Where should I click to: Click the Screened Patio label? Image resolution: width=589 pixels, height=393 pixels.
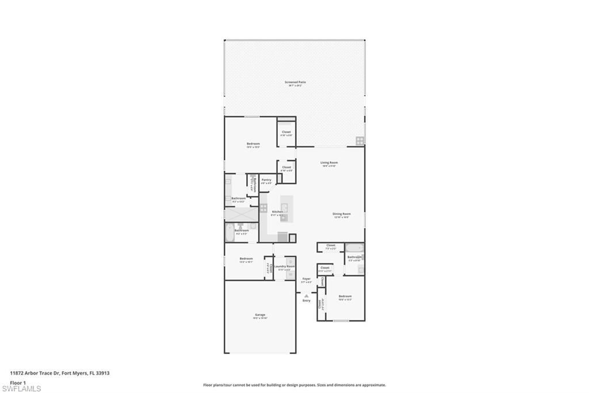point(295,82)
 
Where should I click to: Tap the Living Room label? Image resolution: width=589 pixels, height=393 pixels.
point(329,163)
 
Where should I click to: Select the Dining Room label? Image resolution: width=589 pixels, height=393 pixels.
point(341,214)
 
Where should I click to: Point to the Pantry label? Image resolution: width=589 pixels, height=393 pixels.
point(266,180)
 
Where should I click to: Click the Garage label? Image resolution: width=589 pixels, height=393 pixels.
point(260,315)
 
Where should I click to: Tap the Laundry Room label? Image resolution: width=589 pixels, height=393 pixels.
point(284,267)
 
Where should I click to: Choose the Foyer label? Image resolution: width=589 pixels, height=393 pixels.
point(307,279)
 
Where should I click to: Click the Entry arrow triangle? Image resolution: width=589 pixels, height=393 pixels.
point(307,296)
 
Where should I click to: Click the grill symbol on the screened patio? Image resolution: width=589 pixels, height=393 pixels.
point(359,140)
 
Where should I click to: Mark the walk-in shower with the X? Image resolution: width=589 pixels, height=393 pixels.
point(241,214)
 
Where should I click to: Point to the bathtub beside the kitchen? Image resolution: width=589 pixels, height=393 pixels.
point(229,234)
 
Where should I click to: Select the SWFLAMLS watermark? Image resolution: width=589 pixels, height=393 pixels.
point(21,388)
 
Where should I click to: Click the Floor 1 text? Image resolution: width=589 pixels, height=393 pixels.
point(18,382)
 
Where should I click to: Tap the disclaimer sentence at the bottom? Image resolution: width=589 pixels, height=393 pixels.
point(294,385)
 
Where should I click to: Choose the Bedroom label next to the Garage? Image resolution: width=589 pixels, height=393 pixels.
point(246,259)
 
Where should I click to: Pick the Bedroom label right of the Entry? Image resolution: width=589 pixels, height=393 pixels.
point(345,297)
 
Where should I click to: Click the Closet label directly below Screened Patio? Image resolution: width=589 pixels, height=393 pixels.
point(286,133)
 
